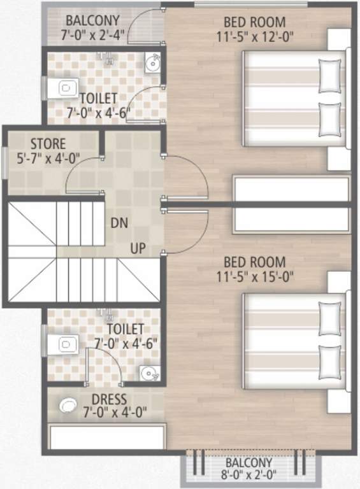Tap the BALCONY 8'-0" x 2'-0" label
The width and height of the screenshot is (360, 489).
click(248, 469)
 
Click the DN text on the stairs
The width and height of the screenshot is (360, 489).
click(118, 223)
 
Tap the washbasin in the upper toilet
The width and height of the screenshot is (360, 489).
click(151, 63)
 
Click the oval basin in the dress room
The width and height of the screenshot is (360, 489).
click(69, 405)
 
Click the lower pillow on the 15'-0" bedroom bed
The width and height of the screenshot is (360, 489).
click(329, 359)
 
